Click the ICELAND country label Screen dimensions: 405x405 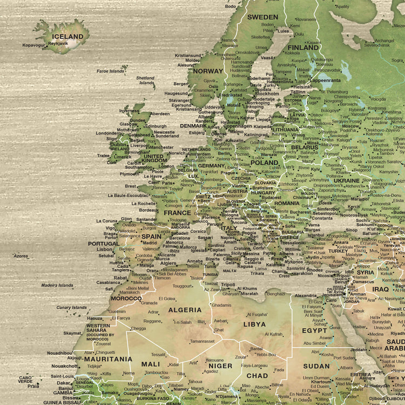click(x=67, y=37)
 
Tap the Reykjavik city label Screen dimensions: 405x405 click(x=58, y=43)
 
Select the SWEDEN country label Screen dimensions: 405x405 click(x=262, y=17)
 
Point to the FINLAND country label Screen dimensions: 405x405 click(x=303, y=48)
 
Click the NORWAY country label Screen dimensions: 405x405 click(x=208, y=71)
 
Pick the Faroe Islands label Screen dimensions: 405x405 click(x=110, y=71)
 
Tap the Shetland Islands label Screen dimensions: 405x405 click(x=145, y=80)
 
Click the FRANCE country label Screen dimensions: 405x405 click(x=177, y=213)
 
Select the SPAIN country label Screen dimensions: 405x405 click(x=151, y=236)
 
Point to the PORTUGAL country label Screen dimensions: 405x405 click(x=104, y=244)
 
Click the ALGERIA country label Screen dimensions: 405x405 click(x=185, y=310)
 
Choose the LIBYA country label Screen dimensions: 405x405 click(x=254, y=325)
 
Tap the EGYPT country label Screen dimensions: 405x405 click(x=314, y=330)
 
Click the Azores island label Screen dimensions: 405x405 click(x=21, y=256)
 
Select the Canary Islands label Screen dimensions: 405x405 click(x=71, y=307)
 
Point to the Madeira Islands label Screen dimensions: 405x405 click(x=57, y=285)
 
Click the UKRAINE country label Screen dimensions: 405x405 click(x=346, y=181)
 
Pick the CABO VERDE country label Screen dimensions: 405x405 click(x=26, y=380)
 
